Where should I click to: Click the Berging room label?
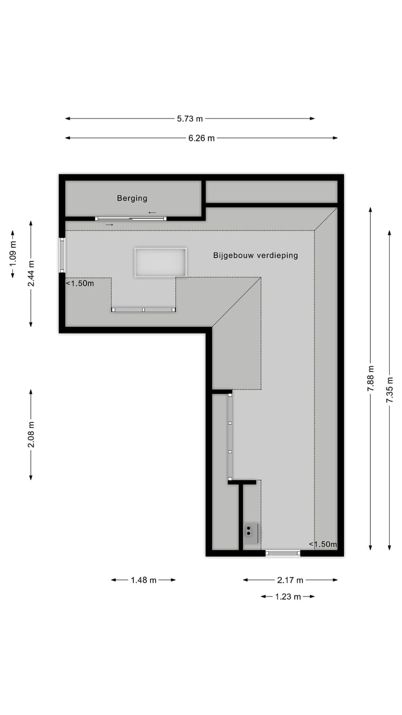(x=132, y=198)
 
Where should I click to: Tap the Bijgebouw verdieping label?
(x=255, y=255)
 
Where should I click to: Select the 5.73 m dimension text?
(x=190, y=118)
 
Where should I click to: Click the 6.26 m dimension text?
(x=202, y=138)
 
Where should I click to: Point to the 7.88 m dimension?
(x=371, y=379)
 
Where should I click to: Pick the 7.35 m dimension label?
(x=390, y=389)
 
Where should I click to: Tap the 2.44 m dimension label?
(x=31, y=274)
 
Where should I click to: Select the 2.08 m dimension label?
(x=31, y=435)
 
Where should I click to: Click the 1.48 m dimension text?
(x=143, y=580)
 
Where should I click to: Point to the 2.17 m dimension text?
(x=290, y=580)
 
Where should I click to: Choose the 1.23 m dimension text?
(x=288, y=597)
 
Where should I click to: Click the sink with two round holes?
(x=250, y=533)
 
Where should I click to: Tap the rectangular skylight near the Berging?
(x=160, y=262)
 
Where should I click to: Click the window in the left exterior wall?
(x=62, y=255)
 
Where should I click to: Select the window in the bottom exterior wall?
(x=283, y=553)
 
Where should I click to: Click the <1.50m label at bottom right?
(x=323, y=545)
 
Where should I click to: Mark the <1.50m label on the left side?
(x=80, y=283)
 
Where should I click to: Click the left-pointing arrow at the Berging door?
(x=152, y=213)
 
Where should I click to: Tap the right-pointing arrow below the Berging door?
(x=109, y=225)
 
